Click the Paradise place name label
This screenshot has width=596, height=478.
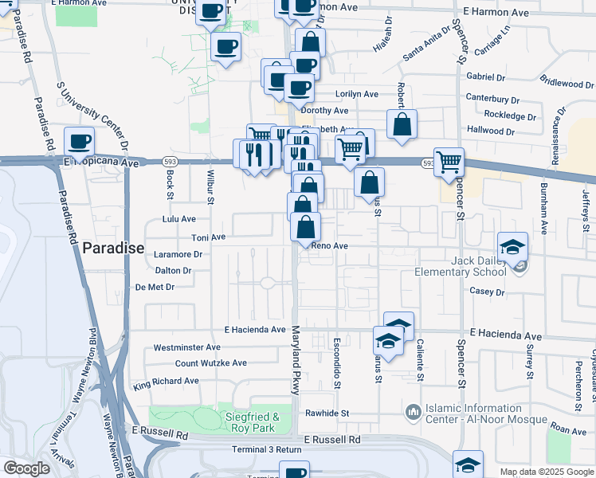[113, 248]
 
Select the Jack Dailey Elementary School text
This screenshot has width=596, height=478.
[461, 265]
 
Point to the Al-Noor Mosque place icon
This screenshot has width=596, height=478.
[413, 412]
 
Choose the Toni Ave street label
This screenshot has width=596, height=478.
[209, 237]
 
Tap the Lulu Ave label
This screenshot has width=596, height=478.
[178, 218]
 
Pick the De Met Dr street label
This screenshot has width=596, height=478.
[155, 287]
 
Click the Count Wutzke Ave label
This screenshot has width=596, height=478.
[211, 363]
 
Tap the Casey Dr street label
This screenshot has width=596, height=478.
[487, 292]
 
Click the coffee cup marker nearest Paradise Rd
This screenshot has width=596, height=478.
[80, 142]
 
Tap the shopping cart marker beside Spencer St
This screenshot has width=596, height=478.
[449, 162]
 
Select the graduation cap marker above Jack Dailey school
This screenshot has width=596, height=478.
[513, 245]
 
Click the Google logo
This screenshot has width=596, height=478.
[27, 469]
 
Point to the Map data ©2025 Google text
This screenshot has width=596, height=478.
[547, 472]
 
